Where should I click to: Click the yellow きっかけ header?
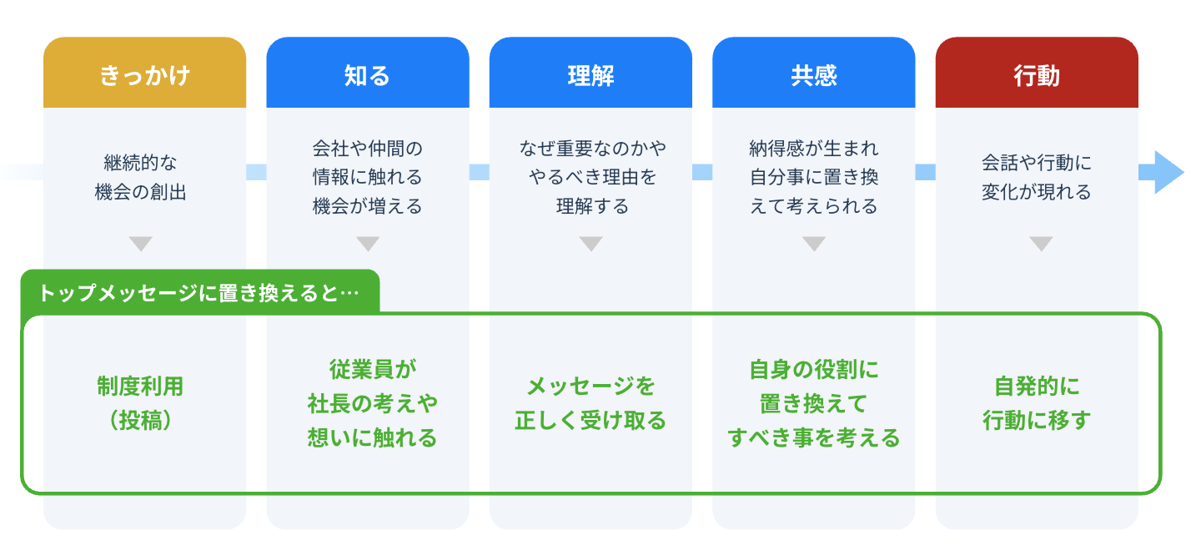144,75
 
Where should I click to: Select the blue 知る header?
367,75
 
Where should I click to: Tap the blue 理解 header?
590,75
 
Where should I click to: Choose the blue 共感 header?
813,75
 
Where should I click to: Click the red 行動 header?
1037,75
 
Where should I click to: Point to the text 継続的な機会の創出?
141,177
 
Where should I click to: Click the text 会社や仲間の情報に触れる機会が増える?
368,177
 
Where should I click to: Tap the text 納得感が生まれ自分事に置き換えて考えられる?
814,177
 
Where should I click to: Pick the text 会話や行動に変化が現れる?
1036,177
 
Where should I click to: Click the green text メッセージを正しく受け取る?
590,403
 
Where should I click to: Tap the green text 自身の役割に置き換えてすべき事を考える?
814,403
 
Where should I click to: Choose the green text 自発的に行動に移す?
1037,403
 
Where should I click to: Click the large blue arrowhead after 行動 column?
1167,172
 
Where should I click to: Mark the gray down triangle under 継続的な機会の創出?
141,244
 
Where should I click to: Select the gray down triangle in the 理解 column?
590,244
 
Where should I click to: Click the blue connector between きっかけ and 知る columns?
256,172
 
